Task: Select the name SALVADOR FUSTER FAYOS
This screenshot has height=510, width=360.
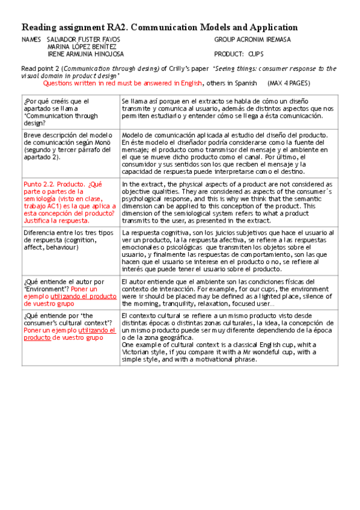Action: [x=83, y=40]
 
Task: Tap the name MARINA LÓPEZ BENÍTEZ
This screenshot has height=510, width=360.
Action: [x=82, y=47]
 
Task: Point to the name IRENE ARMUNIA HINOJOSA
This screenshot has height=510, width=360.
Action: [x=85, y=54]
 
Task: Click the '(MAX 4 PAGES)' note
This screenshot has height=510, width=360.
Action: [x=291, y=83]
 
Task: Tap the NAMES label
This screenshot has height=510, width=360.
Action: [x=31, y=40]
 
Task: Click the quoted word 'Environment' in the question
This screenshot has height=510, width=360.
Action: [x=47, y=289]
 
